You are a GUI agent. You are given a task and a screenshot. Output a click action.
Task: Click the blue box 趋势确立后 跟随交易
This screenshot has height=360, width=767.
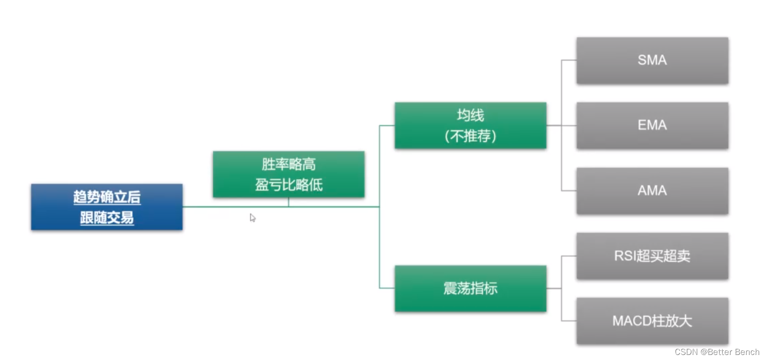click(106, 207)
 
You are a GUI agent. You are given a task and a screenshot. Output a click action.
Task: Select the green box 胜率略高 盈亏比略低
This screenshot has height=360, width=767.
click(288, 174)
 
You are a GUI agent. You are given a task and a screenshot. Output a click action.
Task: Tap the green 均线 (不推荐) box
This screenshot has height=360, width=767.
click(470, 126)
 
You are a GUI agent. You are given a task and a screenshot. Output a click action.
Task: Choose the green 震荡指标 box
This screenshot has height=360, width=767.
click(470, 288)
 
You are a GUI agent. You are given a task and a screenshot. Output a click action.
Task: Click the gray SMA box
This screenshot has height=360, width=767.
click(652, 61)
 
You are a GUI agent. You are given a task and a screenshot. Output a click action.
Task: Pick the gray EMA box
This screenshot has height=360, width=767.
click(652, 126)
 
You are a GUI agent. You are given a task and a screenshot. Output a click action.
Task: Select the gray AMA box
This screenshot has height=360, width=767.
click(652, 191)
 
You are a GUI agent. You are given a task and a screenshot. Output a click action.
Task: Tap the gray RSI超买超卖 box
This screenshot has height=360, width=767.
click(652, 256)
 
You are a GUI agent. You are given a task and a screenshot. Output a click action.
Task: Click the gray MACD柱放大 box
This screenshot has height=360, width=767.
click(652, 321)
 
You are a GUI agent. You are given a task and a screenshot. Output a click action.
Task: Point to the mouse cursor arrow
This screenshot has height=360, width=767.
click(252, 217)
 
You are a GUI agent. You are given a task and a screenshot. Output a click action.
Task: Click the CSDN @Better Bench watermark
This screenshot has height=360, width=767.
click(717, 352)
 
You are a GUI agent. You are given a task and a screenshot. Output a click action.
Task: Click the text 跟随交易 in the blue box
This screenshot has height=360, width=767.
click(107, 218)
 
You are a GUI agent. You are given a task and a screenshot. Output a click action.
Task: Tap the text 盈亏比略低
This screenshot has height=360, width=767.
click(288, 185)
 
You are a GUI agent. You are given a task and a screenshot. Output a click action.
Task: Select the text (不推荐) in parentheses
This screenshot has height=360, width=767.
click(470, 136)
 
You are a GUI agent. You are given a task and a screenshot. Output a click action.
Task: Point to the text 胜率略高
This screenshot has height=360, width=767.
click(288, 164)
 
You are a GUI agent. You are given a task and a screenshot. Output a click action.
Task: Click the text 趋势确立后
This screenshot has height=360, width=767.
click(107, 197)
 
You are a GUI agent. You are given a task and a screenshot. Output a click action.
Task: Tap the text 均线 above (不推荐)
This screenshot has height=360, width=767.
click(470, 115)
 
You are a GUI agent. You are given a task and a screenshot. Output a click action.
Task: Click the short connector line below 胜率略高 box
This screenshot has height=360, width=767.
click(288, 202)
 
